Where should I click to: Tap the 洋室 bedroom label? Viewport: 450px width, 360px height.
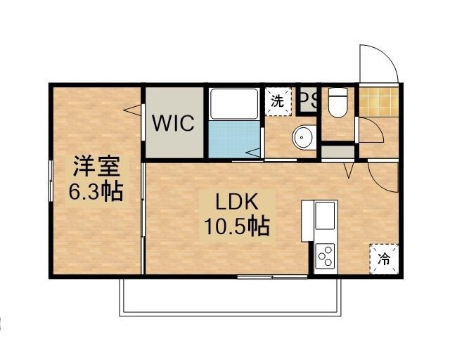[x=96, y=167]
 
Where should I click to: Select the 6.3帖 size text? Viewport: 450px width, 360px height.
[x=96, y=191]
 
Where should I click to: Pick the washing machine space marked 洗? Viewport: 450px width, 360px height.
[x=278, y=100]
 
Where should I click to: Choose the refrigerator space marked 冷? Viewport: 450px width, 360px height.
[x=384, y=257]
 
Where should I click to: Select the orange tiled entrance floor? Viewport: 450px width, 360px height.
[x=378, y=100]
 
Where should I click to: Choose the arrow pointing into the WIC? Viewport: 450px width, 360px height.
[x=131, y=108]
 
